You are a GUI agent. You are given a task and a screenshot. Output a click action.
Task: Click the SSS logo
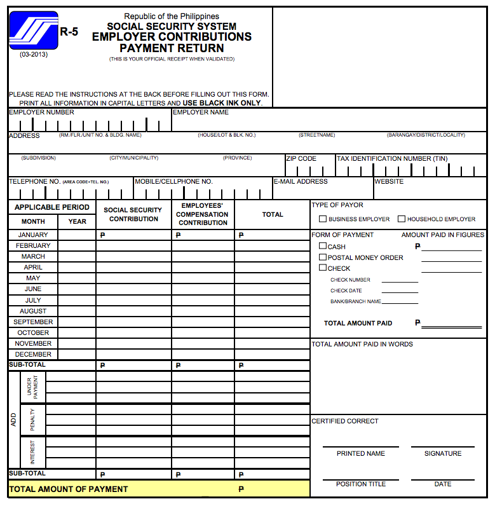coord(33,31)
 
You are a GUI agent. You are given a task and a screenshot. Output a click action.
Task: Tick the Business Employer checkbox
coord(323,219)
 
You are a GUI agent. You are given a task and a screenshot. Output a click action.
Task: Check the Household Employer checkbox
coord(402,219)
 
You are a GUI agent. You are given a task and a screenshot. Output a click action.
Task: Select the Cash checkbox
coord(323,246)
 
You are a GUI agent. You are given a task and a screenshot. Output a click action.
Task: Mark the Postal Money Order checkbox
coord(323,257)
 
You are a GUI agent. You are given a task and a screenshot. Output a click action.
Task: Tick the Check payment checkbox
coord(323,268)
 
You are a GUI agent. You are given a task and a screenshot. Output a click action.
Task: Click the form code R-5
coord(69,32)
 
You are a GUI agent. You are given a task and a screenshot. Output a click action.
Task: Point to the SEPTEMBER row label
coord(33,322)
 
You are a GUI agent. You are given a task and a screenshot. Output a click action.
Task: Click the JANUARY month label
coord(33,235)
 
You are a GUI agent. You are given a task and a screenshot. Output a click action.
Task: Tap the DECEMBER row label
coord(33,354)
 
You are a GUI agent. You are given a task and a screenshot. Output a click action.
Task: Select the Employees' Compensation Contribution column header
coord(203,214)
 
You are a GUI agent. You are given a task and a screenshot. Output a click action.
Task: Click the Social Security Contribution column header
coord(133,214)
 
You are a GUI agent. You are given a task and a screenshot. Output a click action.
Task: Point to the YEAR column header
coord(78,221)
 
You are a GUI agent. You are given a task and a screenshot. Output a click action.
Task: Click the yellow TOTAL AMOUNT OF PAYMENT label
coord(69,489)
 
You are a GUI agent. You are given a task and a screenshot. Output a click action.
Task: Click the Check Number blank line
coord(400,280)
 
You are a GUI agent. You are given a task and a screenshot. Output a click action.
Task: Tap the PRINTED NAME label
coord(361,453)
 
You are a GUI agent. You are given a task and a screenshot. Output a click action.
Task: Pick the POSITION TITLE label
coord(361,484)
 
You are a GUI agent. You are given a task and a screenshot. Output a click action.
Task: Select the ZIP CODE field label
coord(301,158)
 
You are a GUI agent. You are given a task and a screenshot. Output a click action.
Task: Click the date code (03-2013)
coord(33,54)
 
